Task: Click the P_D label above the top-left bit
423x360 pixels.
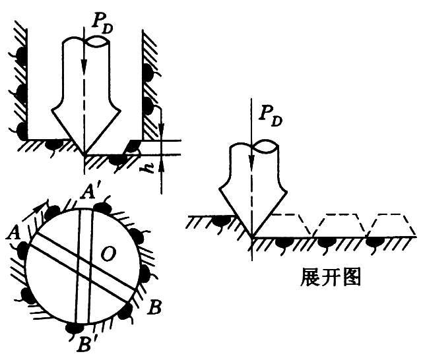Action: point(102,24)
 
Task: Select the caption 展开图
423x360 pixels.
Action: point(330,277)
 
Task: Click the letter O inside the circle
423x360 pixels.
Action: point(108,254)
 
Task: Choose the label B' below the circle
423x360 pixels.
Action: point(85,342)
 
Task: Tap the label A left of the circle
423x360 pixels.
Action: point(13,232)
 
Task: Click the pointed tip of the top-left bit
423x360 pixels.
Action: point(84,155)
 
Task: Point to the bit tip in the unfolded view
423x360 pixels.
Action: point(251,237)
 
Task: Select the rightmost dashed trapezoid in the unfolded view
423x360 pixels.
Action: point(393,225)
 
